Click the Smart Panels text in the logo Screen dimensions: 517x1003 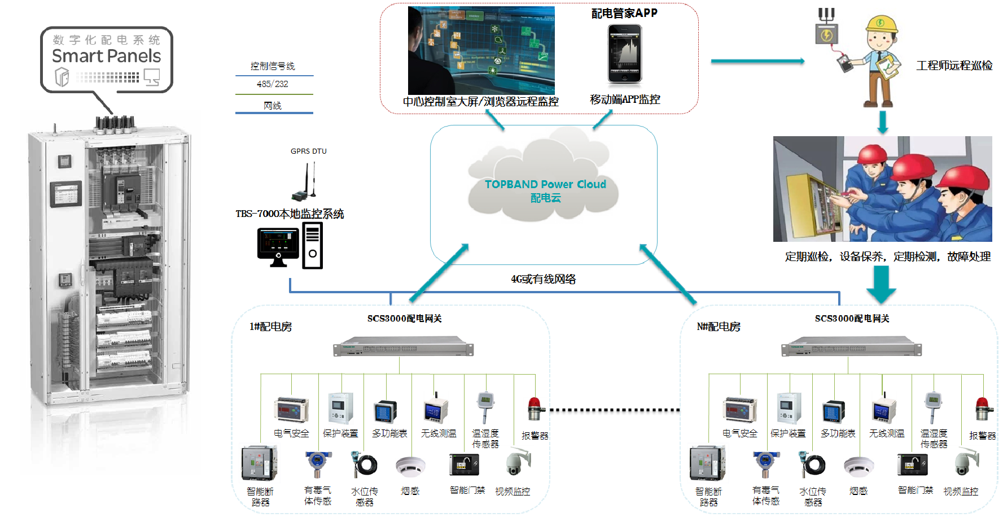pos(106,56)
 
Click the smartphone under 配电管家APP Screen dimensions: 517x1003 pos(624,54)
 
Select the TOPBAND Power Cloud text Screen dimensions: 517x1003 pos(545,184)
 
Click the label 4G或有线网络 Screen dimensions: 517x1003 pos(543,279)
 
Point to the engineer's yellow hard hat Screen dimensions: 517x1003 pos(882,24)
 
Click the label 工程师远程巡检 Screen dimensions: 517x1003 pos(954,66)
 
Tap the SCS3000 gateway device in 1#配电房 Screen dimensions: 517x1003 pos(403,346)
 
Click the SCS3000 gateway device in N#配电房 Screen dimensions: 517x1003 pos(851,346)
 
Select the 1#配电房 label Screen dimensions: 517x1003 pos(270,327)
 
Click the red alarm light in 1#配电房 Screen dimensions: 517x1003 pos(534,409)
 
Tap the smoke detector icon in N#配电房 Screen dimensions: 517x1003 pos(859,466)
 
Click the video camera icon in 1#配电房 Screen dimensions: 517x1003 pos(517,463)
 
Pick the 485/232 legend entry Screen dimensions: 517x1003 pos(273,84)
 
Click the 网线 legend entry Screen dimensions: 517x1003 pos(273,106)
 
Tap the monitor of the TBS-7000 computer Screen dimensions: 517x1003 pos(278,245)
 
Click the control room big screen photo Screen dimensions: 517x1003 pos(481,51)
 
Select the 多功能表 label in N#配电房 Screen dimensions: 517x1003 pos(838,433)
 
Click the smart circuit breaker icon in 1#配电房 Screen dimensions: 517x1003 pos(259,463)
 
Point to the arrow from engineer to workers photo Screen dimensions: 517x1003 pos(882,122)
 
